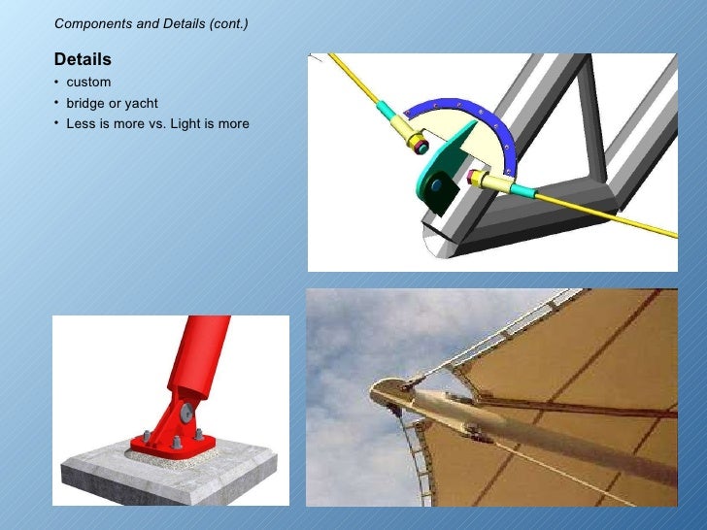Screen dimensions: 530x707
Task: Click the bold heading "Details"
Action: (x=83, y=60)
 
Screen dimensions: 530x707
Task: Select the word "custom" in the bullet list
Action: (x=88, y=83)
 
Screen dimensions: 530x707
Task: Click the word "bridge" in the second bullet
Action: (x=84, y=103)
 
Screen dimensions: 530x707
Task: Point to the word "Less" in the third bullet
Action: (x=80, y=124)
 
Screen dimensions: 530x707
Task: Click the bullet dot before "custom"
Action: (x=57, y=83)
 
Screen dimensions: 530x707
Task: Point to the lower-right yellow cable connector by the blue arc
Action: (x=489, y=182)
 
